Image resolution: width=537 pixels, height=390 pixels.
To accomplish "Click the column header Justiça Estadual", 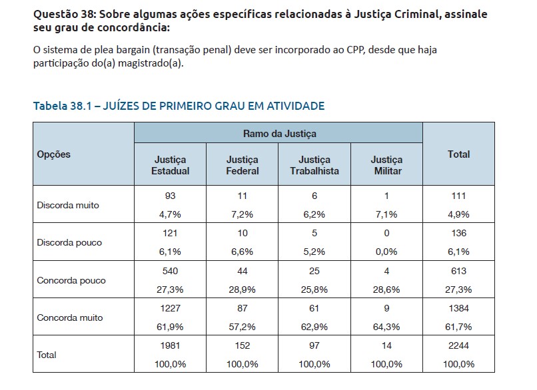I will click(171, 165).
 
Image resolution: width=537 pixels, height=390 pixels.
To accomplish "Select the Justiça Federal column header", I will click(243, 165).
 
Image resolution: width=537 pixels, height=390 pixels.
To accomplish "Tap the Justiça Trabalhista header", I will click(314, 165).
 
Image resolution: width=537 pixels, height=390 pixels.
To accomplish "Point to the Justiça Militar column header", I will click(386, 165).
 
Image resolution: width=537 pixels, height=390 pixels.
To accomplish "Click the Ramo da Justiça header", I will click(279, 133).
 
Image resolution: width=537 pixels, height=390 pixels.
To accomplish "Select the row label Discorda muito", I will click(67, 206).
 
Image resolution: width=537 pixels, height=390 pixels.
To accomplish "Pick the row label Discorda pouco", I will click(69, 243).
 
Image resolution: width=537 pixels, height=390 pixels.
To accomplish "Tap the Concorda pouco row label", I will click(71, 281).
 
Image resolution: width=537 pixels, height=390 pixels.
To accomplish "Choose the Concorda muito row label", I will click(70, 318).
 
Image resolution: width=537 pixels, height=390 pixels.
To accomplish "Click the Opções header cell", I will click(54, 154).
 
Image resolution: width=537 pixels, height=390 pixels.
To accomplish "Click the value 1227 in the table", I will click(171, 309).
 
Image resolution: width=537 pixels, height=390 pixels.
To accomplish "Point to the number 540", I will click(171, 271).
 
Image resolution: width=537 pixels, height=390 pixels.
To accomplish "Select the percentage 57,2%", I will click(243, 327).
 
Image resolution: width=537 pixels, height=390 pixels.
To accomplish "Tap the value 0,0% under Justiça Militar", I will click(386, 252).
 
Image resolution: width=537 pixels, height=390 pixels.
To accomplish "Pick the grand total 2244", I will click(458, 346).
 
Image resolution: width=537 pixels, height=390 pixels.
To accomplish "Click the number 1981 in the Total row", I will click(171, 346).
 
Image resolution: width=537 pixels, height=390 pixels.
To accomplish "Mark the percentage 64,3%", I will click(386, 327).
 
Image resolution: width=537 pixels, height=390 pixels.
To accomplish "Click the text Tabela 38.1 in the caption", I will click(61, 106).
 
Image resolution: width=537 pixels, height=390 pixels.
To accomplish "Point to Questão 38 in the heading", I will click(63, 14).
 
